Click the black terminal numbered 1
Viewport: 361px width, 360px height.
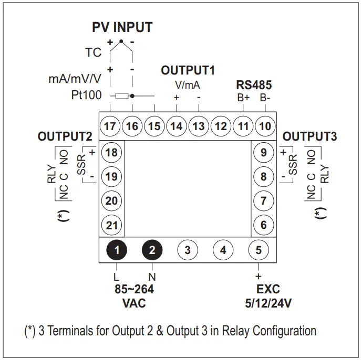point(117,250)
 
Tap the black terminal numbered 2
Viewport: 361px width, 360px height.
point(152,250)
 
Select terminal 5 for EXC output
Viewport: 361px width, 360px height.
point(258,250)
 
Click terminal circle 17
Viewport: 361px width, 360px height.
point(110,126)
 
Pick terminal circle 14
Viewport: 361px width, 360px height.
point(176,126)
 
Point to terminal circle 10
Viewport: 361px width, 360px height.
point(265,126)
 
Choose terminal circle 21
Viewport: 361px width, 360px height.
point(111,225)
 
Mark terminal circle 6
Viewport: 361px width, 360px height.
point(263,225)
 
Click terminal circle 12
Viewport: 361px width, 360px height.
point(220,126)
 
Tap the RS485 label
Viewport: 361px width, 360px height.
point(254,85)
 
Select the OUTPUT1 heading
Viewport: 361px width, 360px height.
point(188,71)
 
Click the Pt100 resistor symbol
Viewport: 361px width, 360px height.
point(122,96)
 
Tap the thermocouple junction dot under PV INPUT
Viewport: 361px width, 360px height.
point(121,40)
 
